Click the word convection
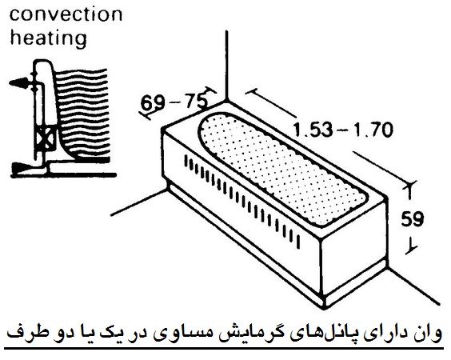[66, 14]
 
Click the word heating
[48, 38]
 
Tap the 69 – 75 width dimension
[174, 102]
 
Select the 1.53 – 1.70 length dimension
[343, 130]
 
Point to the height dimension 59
[413, 219]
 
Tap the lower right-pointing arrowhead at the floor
[21, 168]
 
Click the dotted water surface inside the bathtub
[283, 170]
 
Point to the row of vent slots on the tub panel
[242, 202]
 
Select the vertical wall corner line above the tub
[227, 65]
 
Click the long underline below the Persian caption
[224, 349]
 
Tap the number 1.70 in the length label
[373, 130]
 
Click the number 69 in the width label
[153, 103]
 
